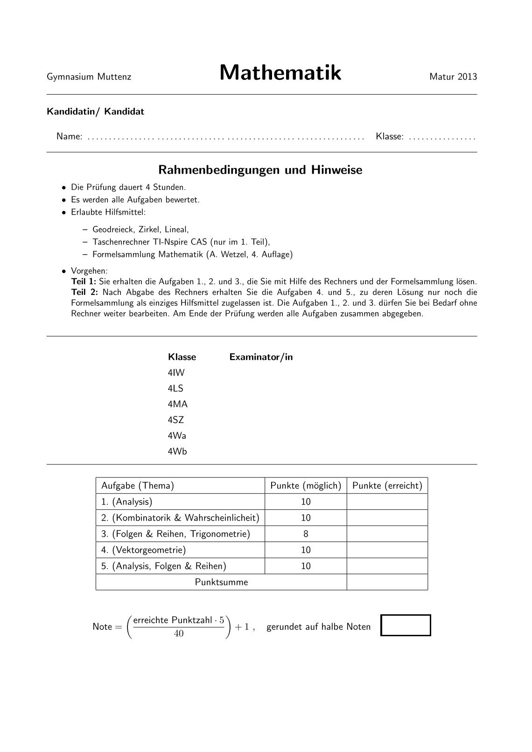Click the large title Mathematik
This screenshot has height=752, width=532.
point(280,73)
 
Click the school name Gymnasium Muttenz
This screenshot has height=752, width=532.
point(89,77)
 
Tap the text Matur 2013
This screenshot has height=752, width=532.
point(453,77)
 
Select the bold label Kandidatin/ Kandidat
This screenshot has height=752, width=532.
point(95,112)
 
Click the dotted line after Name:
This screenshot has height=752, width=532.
point(225,138)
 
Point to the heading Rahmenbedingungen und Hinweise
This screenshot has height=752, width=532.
point(260,170)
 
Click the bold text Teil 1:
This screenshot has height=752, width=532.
point(84,282)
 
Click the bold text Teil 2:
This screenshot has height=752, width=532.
point(84,293)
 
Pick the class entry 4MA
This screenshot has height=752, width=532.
point(177,404)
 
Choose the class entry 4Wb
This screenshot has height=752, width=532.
point(177,451)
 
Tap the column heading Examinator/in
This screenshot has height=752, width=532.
point(261,357)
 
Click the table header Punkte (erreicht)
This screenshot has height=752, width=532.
point(387,486)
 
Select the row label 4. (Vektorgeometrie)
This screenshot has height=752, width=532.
point(144,550)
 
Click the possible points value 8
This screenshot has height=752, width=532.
point(306,534)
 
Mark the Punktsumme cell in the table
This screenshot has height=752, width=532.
point(221,582)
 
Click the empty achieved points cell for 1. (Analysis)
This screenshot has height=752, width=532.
point(387,502)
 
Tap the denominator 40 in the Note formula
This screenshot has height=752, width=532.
point(178,634)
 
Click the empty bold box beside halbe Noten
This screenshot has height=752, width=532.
point(406,625)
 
